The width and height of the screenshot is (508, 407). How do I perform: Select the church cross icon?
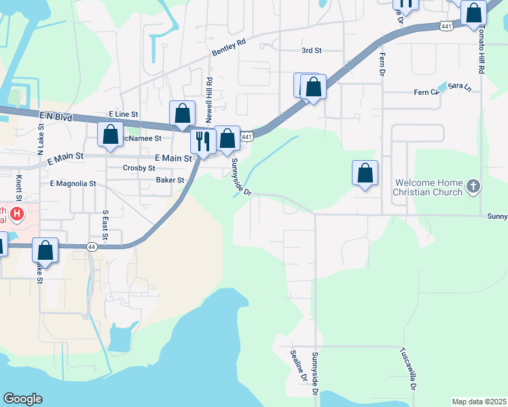pyautogui.click(x=474, y=185)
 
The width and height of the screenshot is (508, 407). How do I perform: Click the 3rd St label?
pyautogui.click(x=311, y=50)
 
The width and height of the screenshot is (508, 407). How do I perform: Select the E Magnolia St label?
pyautogui.click(x=73, y=184)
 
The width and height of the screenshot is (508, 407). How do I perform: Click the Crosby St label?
pyautogui.click(x=139, y=168)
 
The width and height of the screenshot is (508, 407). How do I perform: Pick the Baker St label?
pyautogui.click(x=170, y=180)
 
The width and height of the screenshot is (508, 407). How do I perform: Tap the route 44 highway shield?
pyautogui.click(x=92, y=248)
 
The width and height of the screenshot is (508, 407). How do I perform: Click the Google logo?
pyautogui.click(x=22, y=399)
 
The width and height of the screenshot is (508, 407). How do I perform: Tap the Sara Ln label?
pyautogui.click(x=460, y=87)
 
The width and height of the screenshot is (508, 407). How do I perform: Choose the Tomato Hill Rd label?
pyautogui.click(x=482, y=51)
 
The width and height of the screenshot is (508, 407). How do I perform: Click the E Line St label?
pyautogui.click(x=123, y=115)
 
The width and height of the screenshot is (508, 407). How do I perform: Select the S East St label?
pyautogui.click(x=105, y=225)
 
